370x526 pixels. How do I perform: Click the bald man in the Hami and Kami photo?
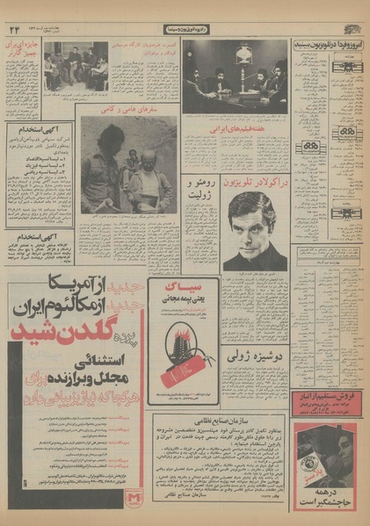[145, 167]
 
